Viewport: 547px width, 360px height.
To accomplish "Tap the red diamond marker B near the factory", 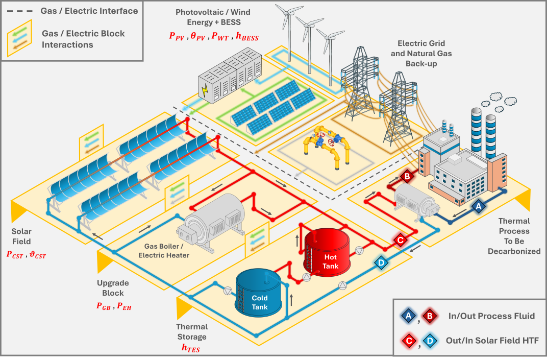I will point(407,177).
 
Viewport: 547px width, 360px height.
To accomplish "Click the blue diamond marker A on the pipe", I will point(478,206).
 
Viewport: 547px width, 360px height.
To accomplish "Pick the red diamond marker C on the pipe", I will point(401,239).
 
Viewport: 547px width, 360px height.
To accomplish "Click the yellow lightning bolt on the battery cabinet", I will point(205,90).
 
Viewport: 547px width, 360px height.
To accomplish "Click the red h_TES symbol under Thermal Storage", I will point(191,348).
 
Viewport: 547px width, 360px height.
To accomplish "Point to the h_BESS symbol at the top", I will point(247,36).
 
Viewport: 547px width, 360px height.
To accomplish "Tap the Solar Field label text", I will point(21,236).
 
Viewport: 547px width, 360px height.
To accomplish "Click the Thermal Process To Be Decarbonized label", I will point(514,236).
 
